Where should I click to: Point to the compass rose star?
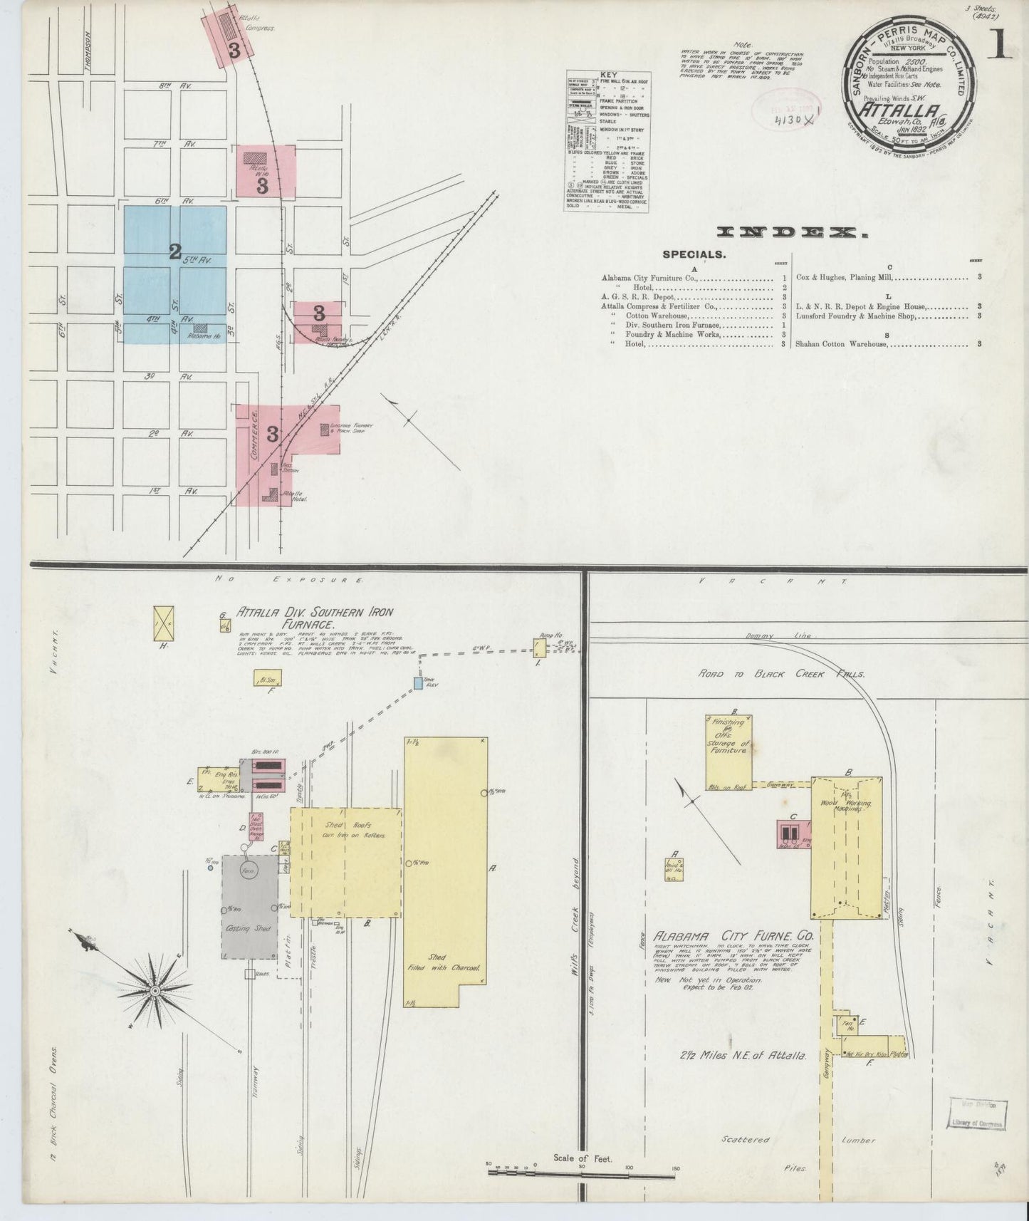click(155, 991)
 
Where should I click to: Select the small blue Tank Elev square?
click(418, 683)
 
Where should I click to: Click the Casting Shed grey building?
click(249, 907)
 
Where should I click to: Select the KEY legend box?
click(607, 140)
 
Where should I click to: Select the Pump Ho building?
click(540, 648)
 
